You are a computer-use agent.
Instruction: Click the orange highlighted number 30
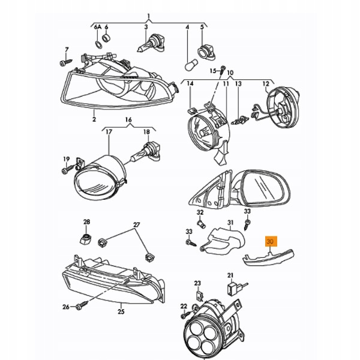pyautogui.click(x=271, y=242)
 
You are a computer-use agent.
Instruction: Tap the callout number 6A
pyautogui.click(x=98, y=27)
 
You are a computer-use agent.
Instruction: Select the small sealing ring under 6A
pyautogui.click(x=99, y=44)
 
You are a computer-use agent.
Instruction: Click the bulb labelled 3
pyautogui.click(x=151, y=46)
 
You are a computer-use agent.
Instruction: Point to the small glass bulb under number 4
pyautogui.click(x=191, y=65)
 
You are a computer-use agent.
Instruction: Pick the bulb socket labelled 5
pyautogui.click(x=206, y=53)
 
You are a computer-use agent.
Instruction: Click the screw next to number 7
pyautogui.click(x=65, y=62)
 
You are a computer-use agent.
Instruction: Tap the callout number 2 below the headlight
pyautogui.click(x=94, y=119)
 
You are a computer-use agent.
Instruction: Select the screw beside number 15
pyautogui.click(x=222, y=70)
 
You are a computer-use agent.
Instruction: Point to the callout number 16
pyautogui.click(x=128, y=120)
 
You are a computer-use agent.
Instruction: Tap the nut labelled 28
pyautogui.click(x=85, y=239)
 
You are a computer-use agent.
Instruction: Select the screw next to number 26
pyautogui.click(x=82, y=305)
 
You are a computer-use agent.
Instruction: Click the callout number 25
pyautogui.click(x=121, y=311)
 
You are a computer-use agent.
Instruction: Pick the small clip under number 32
pyautogui.click(x=200, y=223)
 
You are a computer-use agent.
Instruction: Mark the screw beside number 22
pyautogui.click(x=187, y=315)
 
